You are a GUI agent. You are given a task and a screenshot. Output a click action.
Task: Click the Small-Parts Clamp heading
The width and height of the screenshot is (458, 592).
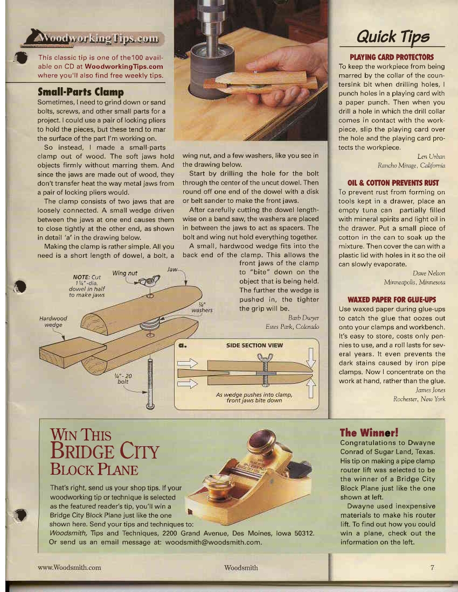tap(80, 92)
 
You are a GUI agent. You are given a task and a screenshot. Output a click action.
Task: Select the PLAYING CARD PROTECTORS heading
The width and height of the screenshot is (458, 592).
tap(391, 57)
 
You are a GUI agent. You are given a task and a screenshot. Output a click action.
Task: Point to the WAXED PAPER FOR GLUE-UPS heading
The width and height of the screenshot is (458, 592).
tap(391, 299)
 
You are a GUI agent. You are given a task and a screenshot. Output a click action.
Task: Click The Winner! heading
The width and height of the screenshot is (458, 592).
tap(369, 432)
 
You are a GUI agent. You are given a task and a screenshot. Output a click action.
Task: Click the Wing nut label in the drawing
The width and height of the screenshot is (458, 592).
tap(125, 273)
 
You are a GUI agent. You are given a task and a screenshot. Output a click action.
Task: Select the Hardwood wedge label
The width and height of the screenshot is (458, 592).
tap(53, 322)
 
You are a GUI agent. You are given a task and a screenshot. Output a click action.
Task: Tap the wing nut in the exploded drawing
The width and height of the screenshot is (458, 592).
tap(147, 281)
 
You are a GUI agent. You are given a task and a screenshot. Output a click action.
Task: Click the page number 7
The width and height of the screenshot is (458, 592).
tap(432, 567)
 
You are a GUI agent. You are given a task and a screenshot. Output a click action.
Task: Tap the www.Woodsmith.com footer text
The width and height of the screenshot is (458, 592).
tap(70, 567)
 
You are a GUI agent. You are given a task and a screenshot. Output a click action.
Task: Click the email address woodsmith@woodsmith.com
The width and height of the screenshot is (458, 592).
tap(213, 542)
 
